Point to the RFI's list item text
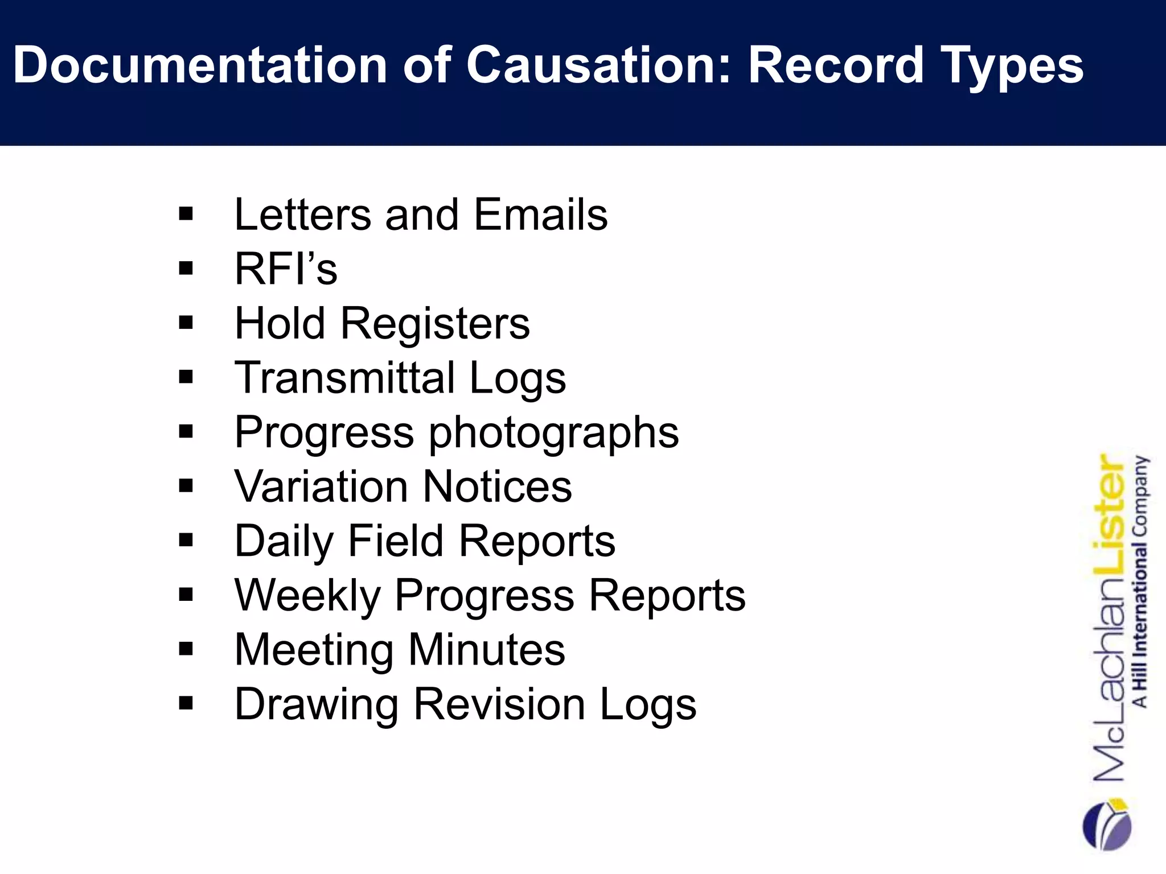tap(286, 269)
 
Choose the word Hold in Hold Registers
tap(280, 323)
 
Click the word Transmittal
tap(345, 377)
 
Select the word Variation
tap(321, 487)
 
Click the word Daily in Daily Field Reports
tap(282, 542)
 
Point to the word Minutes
tap(487, 650)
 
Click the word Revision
tap(499, 704)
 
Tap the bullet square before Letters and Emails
tap(186, 215)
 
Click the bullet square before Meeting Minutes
tap(186, 649)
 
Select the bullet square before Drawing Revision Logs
tap(186, 704)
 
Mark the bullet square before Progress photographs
tap(186, 432)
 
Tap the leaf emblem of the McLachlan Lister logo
tap(1106, 825)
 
